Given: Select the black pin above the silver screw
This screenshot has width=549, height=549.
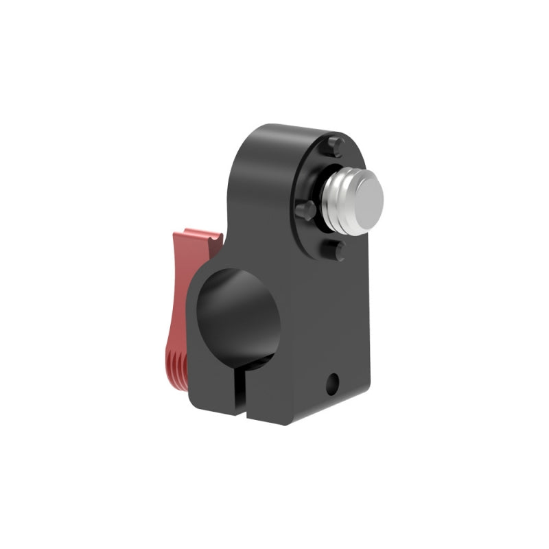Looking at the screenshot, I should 334,145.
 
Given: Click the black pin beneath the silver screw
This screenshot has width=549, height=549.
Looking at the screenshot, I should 336,248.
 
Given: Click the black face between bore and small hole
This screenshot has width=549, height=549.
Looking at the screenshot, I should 302,343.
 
